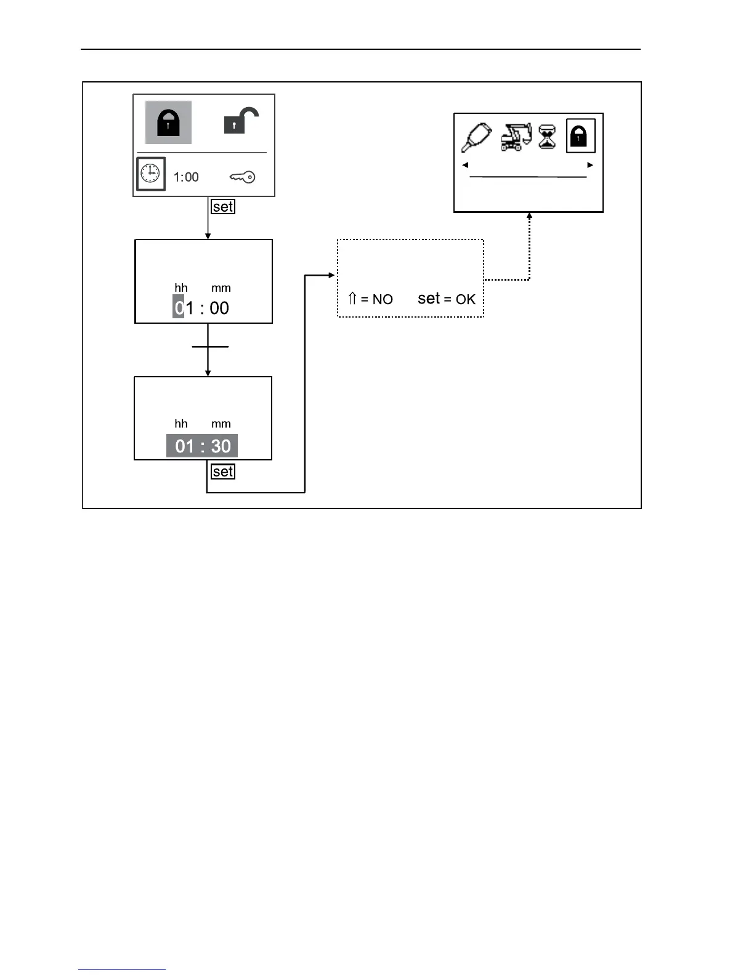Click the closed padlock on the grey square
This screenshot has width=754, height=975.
click(168, 122)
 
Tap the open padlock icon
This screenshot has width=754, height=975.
click(241, 121)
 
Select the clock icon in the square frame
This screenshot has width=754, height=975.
click(151, 174)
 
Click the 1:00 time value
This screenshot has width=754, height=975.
click(186, 177)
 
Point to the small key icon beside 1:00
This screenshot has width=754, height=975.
click(242, 177)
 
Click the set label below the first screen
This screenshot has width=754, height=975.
click(222, 207)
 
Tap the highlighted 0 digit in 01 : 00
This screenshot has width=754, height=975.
click(179, 307)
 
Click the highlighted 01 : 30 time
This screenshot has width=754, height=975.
click(202, 446)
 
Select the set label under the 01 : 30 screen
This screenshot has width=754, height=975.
click(222, 471)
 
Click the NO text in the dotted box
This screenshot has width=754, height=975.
click(383, 300)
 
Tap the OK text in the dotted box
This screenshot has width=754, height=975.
click(466, 299)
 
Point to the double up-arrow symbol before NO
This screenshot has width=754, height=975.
click(353, 299)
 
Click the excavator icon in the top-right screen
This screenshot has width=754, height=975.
click(516, 137)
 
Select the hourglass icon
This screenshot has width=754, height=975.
click(547, 137)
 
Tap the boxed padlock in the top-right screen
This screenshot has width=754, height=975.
click(580, 135)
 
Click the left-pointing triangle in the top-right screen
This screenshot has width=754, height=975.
click(465, 165)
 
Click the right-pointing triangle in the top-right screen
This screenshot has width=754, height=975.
click(590, 165)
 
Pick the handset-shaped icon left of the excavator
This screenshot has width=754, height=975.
click(476, 137)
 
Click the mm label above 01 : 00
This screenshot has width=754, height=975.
click(221, 288)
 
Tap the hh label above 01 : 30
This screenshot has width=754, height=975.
click(181, 423)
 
